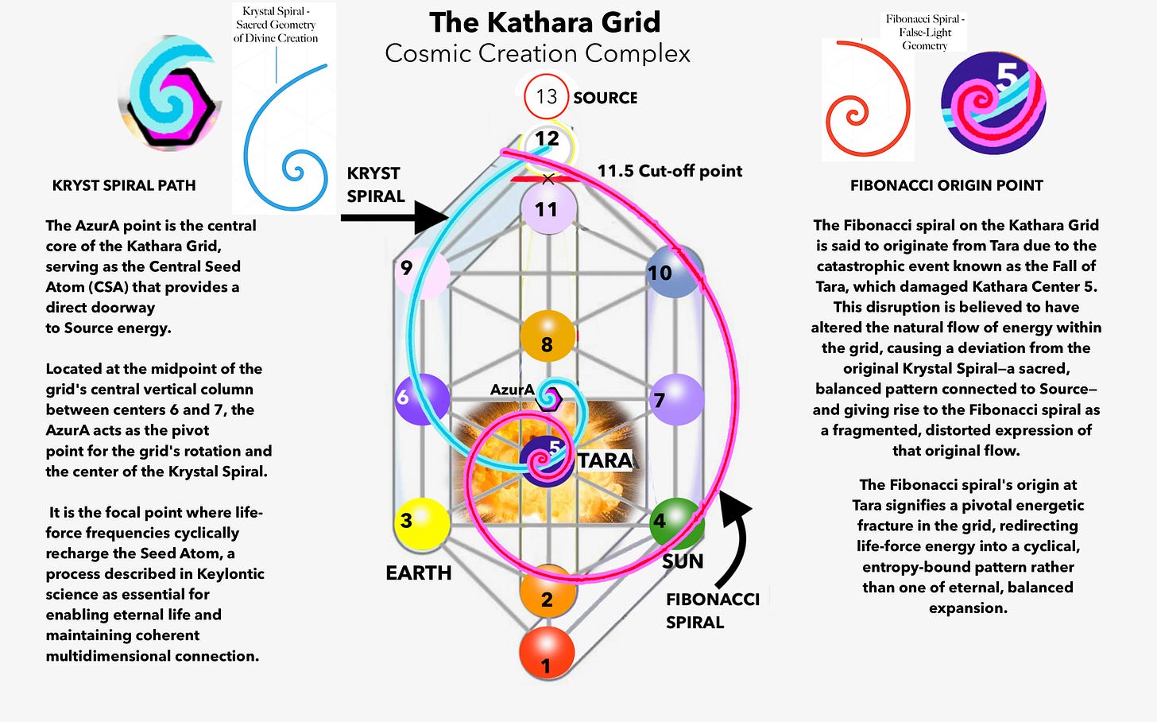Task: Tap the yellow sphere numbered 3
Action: click(x=422, y=524)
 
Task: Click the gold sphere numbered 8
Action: click(x=548, y=336)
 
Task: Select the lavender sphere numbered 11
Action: click(x=548, y=208)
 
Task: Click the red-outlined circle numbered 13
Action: click(x=547, y=97)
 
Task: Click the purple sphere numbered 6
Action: click(x=422, y=399)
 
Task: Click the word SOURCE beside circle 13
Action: click(x=606, y=98)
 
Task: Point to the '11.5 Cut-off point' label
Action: click(x=670, y=171)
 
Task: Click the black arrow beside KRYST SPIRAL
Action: click(x=394, y=218)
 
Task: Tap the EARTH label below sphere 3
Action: click(x=418, y=573)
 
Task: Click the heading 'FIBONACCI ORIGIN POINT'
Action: click(x=946, y=185)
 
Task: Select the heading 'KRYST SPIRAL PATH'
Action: click(x=124, y=185)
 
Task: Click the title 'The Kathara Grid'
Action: click(x=545, y=22)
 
